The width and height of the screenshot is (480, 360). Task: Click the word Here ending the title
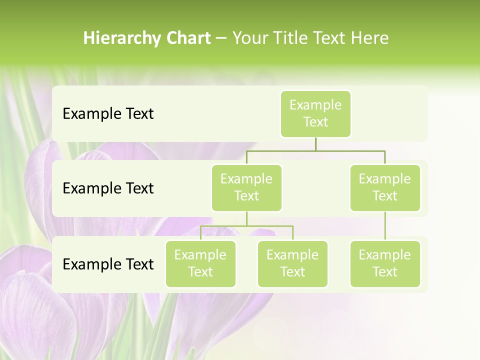[x=370, y=38]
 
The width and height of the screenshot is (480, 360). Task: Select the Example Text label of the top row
[x=108, y=113]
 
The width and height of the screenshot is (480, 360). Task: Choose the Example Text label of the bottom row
[x=108, y=264]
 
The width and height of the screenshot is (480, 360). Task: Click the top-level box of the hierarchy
[x=315, y=113]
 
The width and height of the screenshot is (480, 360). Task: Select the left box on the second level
[x=246, y=187]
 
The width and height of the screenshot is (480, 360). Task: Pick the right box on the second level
[x=385, y=187]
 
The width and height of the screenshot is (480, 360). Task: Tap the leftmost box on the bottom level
[x=200, y=263]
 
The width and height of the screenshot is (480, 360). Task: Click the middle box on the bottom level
[x=292, y=263]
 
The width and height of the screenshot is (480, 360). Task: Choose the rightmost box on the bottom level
[x=385, y=263]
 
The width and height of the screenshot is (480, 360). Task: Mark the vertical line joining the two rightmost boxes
[x=385, y=226]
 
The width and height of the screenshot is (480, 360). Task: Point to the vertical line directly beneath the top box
[x=315, y=144]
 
